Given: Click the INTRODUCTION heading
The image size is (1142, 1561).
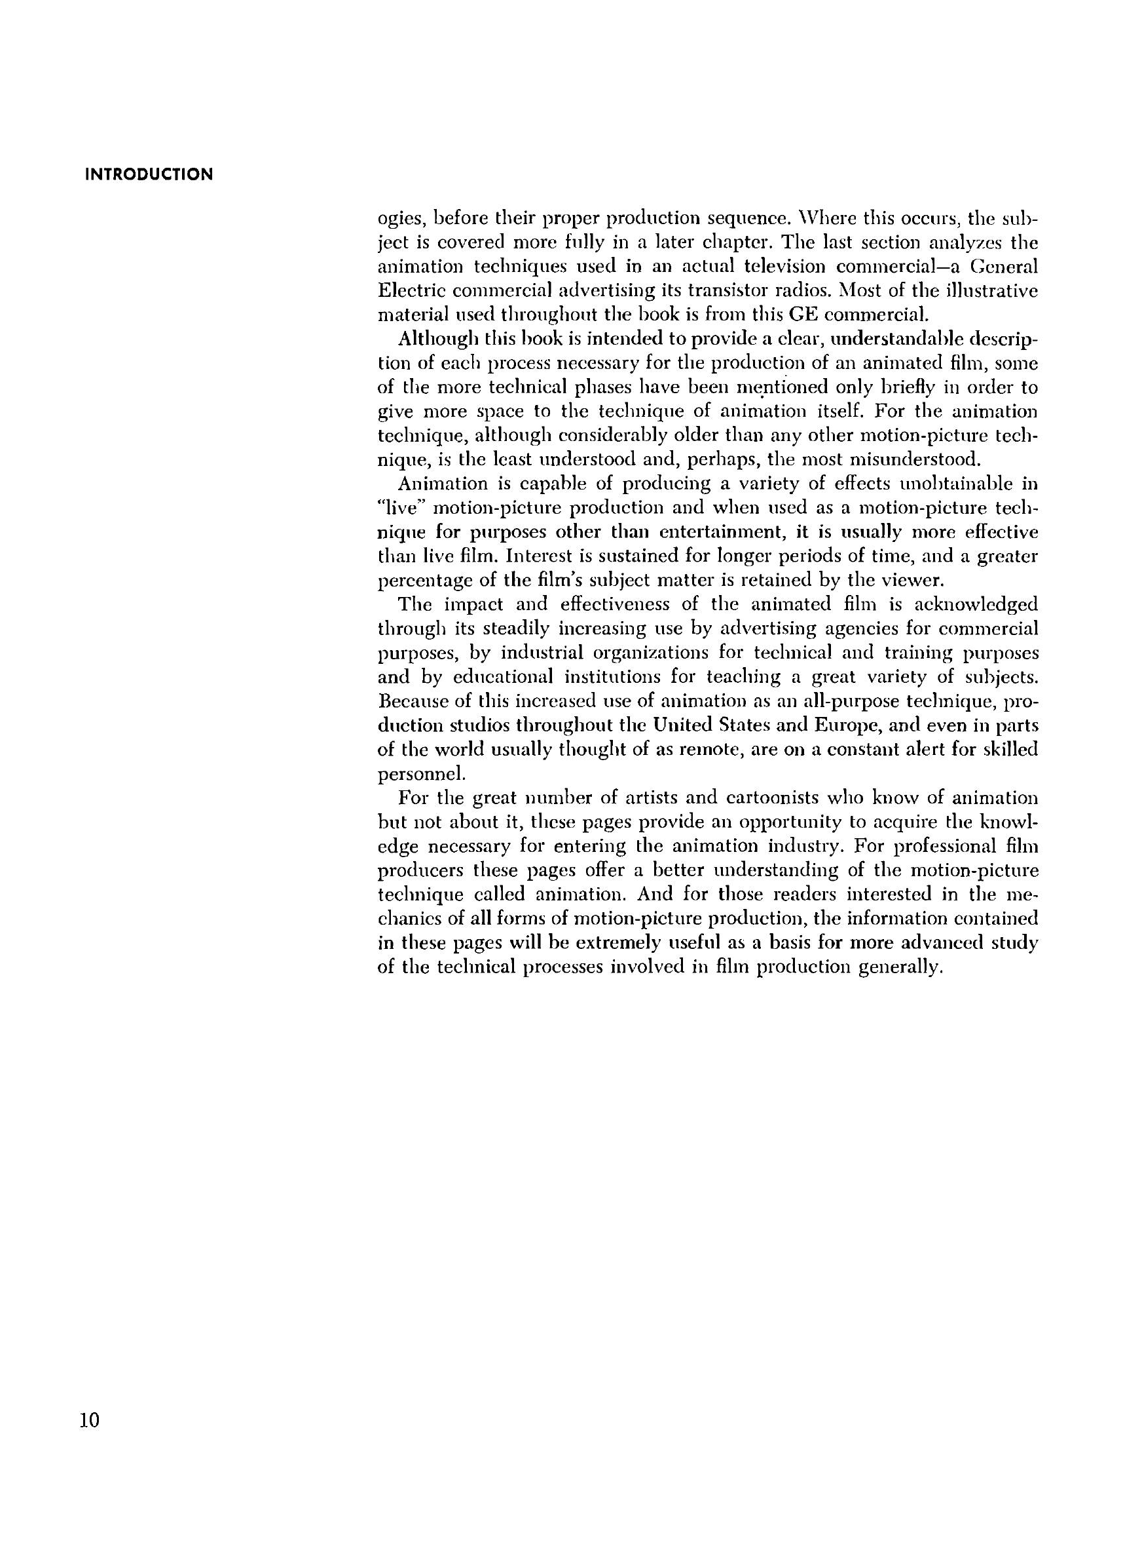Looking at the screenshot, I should [x=149, y=174].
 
